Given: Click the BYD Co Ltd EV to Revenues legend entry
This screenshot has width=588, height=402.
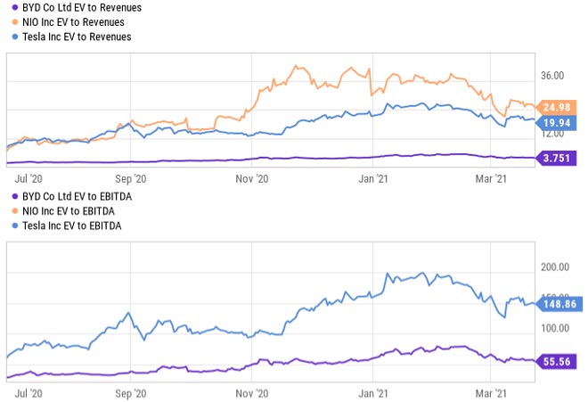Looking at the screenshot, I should click(69, 7).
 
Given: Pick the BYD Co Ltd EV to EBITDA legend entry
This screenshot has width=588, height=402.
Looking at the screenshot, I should click(66, 196).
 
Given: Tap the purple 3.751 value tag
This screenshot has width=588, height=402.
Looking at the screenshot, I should click(557, 159).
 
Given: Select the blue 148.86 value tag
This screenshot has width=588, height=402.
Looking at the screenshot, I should click(559, 304).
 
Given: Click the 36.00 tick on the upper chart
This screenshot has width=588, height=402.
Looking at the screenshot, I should click(552, 76).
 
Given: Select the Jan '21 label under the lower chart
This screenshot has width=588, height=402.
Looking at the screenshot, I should click(372, 391).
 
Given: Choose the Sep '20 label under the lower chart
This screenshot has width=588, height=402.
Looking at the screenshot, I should click(130, 391).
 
